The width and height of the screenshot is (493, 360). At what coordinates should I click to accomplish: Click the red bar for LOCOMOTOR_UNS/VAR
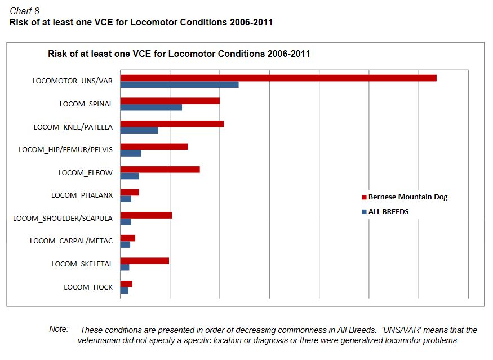point(278,78)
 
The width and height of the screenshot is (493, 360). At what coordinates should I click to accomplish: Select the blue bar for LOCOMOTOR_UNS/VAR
point(179,85)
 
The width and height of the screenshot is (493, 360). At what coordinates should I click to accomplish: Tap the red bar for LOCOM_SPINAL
point(170,101)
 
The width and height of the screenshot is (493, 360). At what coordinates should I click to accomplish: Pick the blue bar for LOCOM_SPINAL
point(151,108)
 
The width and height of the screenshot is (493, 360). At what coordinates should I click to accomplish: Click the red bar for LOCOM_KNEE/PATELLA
point(172,123)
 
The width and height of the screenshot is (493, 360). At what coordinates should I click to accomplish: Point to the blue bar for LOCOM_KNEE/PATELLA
point(139,130)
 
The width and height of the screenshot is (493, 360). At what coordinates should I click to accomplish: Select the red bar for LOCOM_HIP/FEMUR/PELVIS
point(154,146)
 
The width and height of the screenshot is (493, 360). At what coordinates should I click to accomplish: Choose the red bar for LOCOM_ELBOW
point(160,170)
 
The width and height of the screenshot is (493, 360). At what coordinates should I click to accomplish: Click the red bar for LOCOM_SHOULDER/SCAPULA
point(146,215)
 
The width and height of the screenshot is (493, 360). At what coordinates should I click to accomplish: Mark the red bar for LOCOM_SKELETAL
point(144,261)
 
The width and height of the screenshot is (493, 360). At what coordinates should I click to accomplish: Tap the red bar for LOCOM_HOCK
point(126,284)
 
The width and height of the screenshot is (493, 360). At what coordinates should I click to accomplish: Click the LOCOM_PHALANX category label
point(82,195)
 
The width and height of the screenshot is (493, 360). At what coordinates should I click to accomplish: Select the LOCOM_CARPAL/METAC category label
point(71,241)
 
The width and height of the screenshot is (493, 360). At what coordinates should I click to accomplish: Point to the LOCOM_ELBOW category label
point(85,172)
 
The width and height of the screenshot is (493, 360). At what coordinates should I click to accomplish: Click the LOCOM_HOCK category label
point(88,287)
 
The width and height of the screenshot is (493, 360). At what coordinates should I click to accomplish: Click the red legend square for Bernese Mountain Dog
point(364,198)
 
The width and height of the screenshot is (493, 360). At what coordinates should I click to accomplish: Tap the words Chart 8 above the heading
point(24,11)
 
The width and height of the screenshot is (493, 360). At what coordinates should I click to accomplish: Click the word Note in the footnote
point(59,329)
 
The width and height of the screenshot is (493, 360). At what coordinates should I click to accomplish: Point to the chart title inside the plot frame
point(179,54)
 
